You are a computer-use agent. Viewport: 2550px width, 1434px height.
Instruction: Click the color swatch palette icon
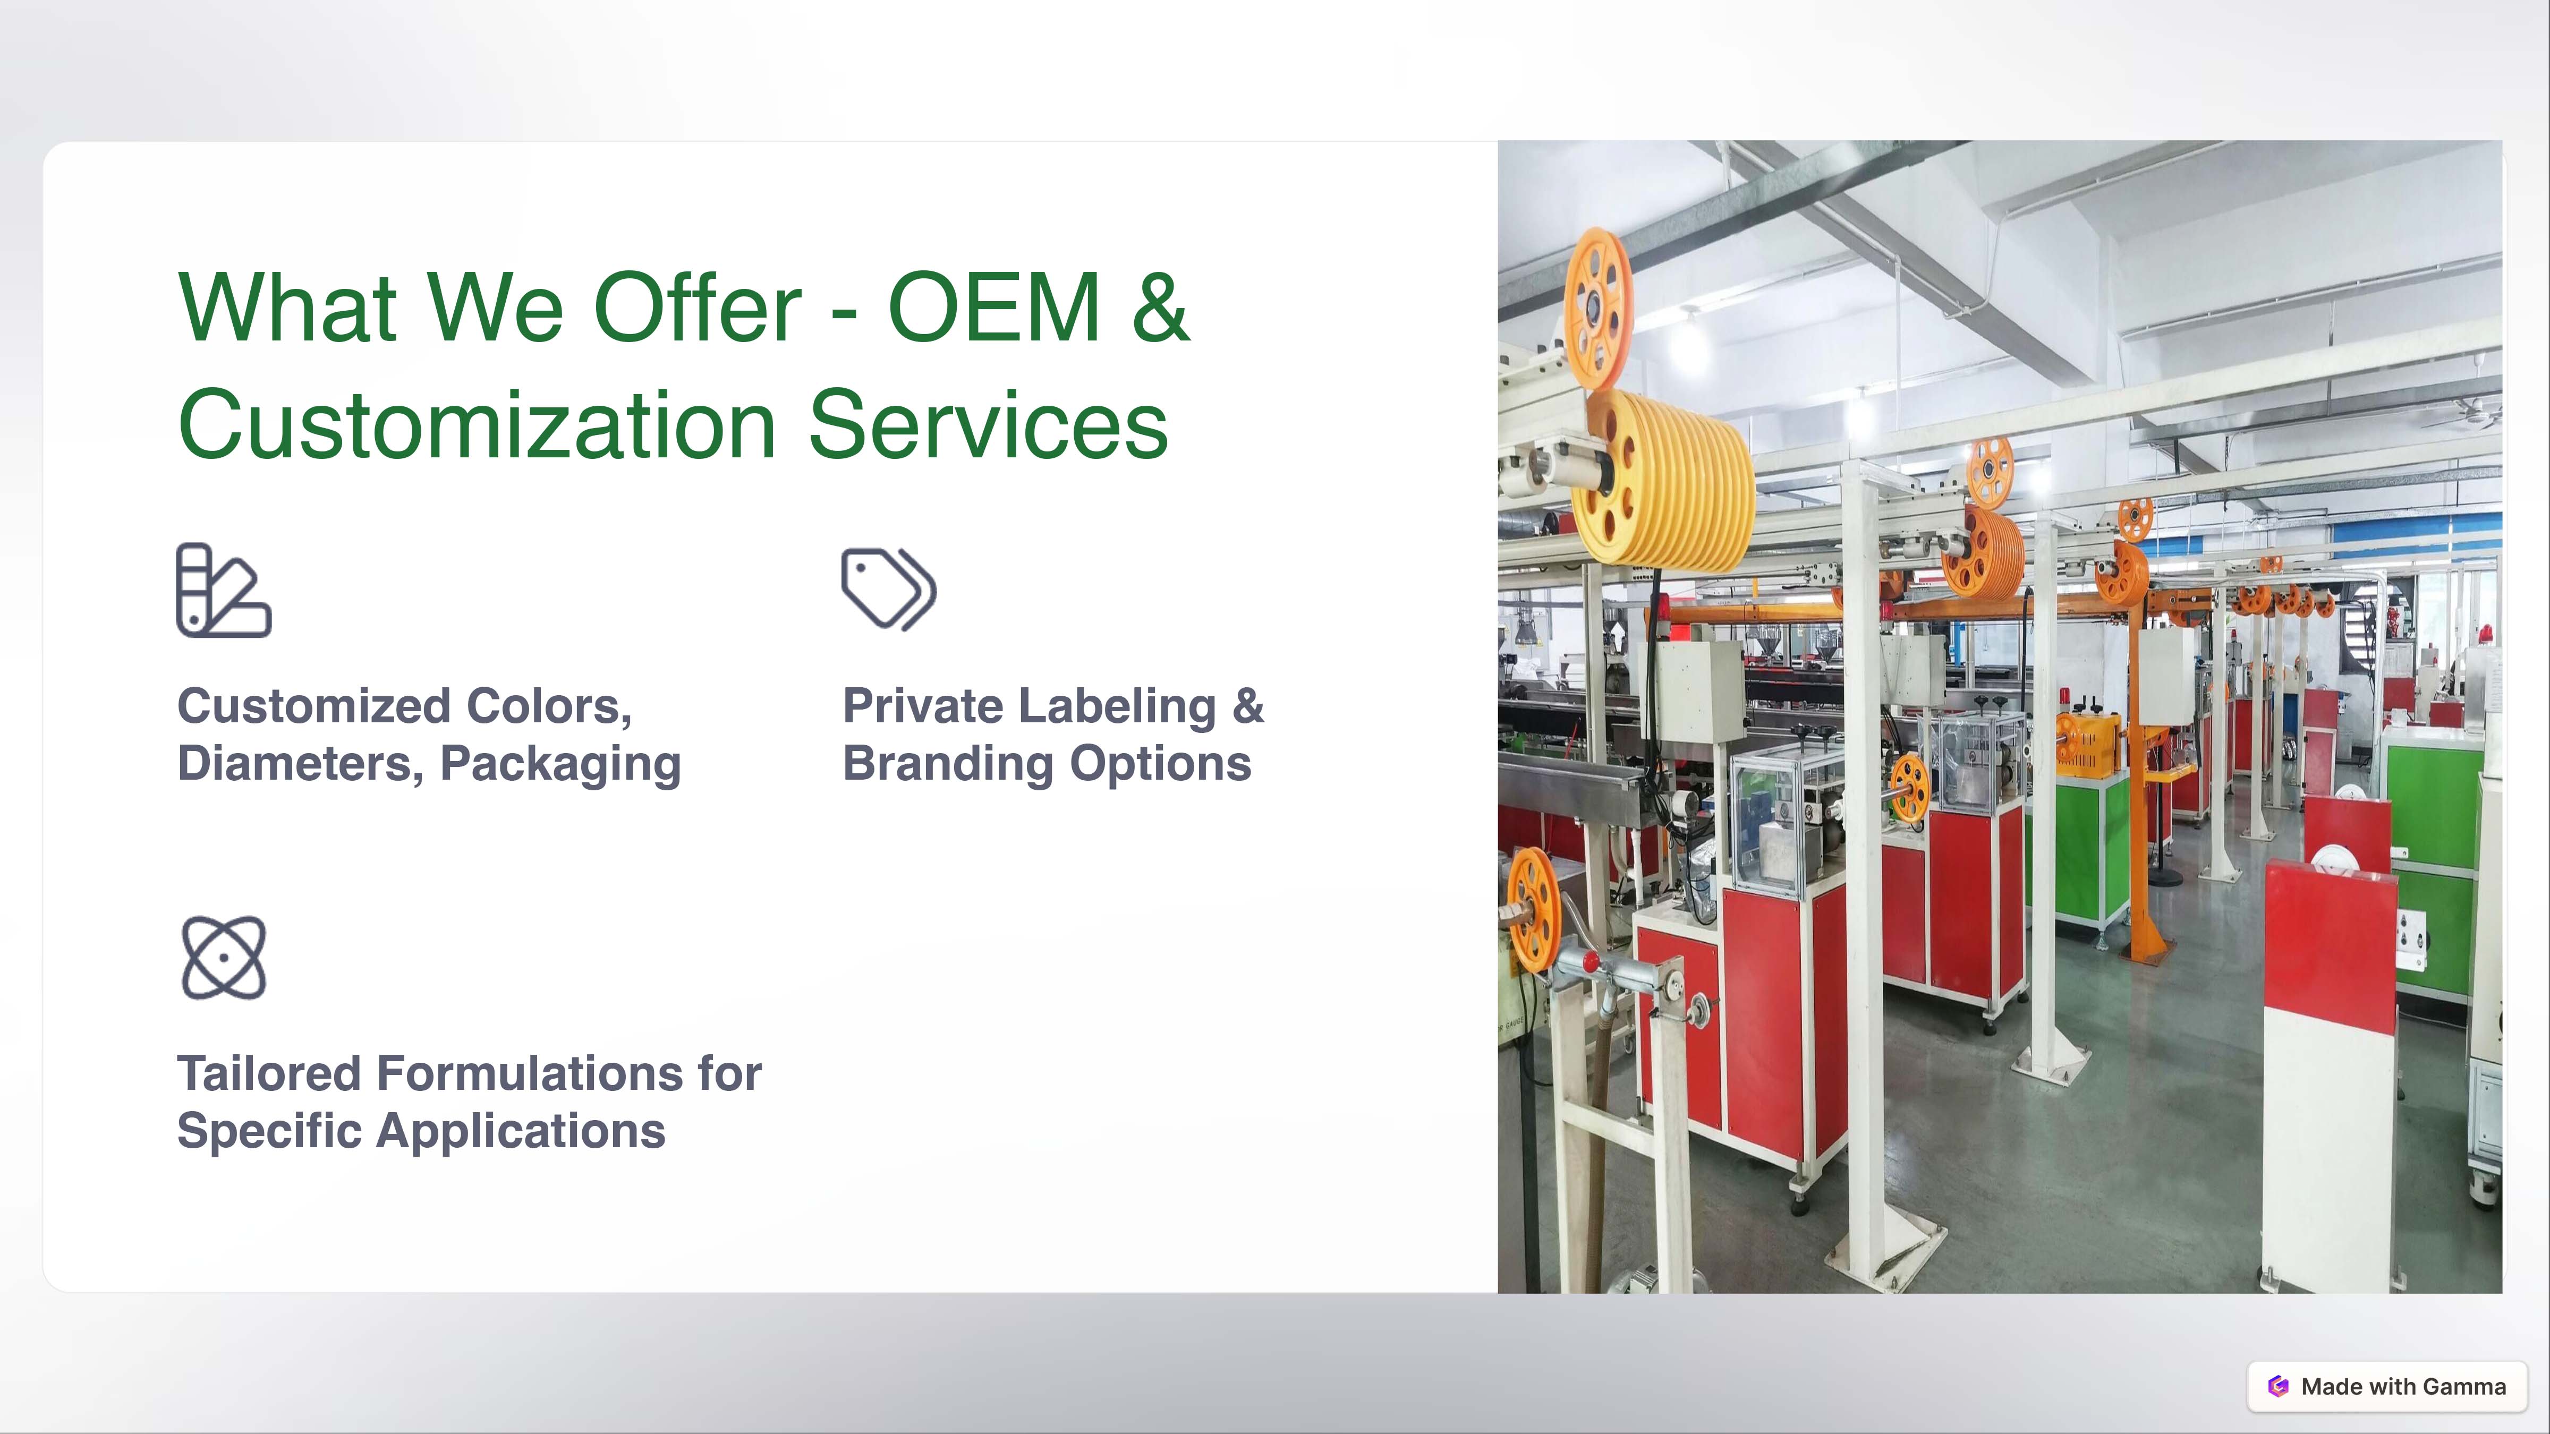click(224, 590)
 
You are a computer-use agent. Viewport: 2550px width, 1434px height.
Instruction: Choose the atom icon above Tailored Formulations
click(224, 957)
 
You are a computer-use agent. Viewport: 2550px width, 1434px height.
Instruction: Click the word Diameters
click(301, 764)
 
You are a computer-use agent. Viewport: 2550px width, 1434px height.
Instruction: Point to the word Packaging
click(560, 765)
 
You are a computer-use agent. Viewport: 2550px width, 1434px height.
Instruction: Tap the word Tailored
click(268, 1074)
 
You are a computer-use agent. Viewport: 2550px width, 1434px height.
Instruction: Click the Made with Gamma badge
click(2387, 1387)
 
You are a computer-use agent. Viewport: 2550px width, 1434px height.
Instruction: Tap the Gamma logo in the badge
click(2279, 1387)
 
